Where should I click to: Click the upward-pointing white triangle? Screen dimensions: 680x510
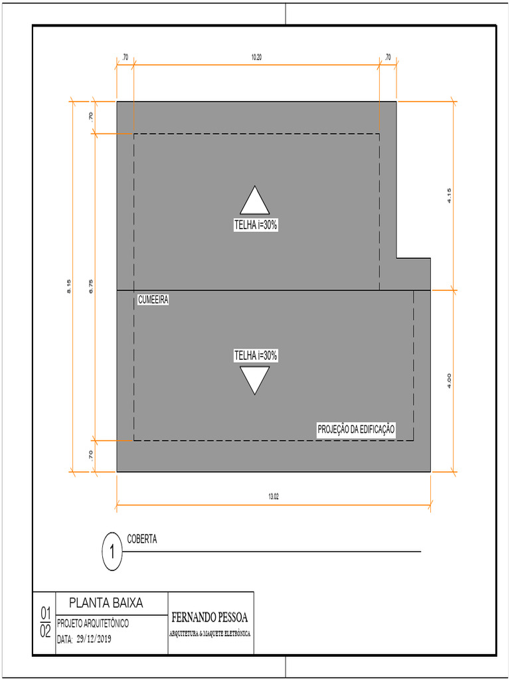pyautogui.click(x=254, y=202)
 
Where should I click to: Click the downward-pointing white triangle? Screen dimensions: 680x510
pyautogui.click(x=254, y=379)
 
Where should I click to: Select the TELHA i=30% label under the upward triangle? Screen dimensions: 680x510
pyautogui.click(x=255, y=225)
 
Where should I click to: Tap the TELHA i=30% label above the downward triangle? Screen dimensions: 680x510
pyautogui.click(x=255, y=356)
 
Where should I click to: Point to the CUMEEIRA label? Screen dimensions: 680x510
pyautogui.click(x=153, y=300)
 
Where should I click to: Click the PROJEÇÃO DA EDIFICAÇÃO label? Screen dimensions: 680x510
pyautogui.click(x=356, y=430)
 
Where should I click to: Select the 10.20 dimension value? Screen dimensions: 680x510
pyautogui.click(x=256, y=58)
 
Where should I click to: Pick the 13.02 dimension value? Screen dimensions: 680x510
pyautogui.click(x=273, y=496)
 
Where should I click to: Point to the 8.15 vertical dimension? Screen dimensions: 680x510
pyautogui.click(x=69, y=286)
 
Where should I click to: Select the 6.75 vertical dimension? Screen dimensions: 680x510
pyautogui.click(x=91, y=286)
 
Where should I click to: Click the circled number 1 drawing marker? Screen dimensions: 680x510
pyautogui.click(x=113, y=552)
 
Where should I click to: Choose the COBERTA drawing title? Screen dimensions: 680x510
pyautogui.click(x=142, y=539)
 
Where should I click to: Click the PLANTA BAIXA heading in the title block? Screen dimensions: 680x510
pyautogui.click(x=106, y=604)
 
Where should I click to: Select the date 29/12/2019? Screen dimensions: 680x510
pyautogui.click(x=94, y=639)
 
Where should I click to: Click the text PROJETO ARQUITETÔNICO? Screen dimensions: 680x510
pyautogui.click(x=93, y=624)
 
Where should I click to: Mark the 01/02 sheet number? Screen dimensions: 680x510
pyautogui.click(x=45, y=622)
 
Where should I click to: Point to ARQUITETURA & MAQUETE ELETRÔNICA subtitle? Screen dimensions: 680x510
pyautogui.click(x=211, y=634)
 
